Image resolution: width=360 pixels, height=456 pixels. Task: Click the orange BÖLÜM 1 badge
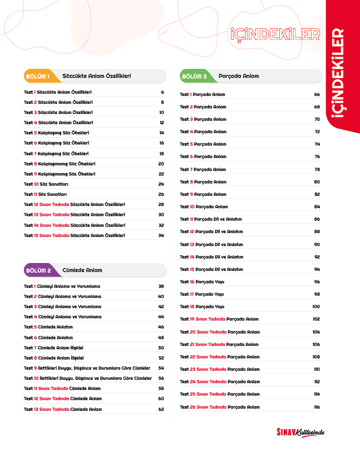tap(38, 76)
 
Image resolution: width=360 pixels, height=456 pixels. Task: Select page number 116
tap(317, 407)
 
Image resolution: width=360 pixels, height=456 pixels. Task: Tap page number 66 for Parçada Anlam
tap(317, 94)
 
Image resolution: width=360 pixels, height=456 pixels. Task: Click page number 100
tap(316, 306)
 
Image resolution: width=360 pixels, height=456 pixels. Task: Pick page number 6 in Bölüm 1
tap(162, 92)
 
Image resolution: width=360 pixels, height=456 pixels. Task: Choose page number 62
tap(161, 409)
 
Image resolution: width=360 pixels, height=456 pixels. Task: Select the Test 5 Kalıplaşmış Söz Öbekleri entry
tap(56, 133)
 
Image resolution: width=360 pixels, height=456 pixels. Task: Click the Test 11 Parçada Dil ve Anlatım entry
tap(212, 219)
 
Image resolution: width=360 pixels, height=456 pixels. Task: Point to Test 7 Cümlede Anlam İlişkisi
tap(54, 348)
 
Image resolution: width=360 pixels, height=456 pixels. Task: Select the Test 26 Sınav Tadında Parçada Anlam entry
tap(220, 407)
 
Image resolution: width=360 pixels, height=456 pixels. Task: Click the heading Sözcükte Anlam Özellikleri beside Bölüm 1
tap(96, 76)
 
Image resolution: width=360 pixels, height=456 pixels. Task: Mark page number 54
tap(161, 368)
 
